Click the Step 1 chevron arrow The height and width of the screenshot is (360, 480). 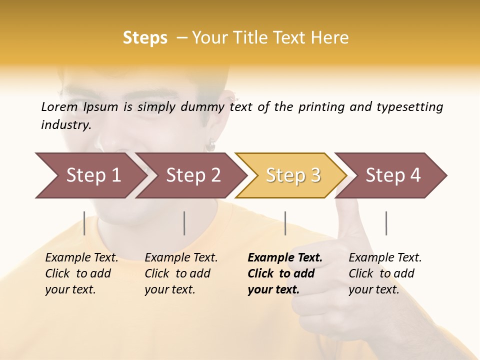click(90, 175)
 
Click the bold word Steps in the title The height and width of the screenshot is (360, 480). click(145, 38)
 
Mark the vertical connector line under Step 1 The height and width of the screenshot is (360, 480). click(84, 223)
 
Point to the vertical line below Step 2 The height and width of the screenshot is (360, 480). click(184, 223)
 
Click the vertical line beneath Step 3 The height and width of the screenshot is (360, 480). click(285, 223)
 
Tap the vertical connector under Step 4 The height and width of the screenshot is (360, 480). click(386, 223)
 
